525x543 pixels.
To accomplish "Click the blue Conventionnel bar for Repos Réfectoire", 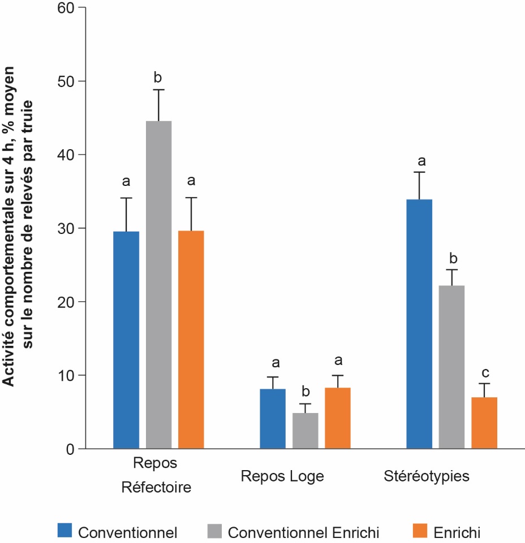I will (126, 340).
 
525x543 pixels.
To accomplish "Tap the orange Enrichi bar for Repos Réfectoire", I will (191, 340).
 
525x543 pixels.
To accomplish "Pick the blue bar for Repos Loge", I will (273, 419).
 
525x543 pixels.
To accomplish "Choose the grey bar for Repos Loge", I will (305, 431).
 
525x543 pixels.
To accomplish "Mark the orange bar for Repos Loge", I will (338, 418).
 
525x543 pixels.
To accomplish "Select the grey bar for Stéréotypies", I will (451, 367).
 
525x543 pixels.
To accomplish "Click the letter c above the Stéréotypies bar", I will (485, 373).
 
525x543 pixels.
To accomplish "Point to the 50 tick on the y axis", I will (67, 81).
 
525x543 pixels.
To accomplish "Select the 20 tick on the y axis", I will (67, 302).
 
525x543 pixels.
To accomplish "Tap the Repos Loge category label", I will (282, 476).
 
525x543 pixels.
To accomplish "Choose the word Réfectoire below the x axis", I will (156, 487).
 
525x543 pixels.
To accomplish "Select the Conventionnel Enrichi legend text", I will (303, 532).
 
